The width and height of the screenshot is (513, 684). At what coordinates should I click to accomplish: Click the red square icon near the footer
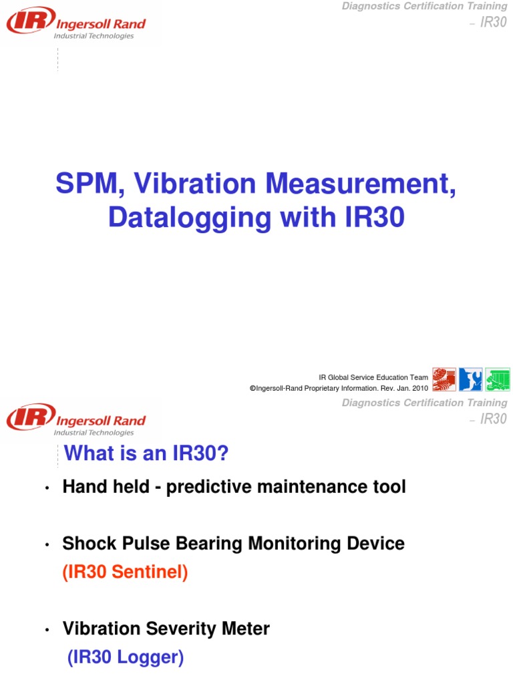[444, 379]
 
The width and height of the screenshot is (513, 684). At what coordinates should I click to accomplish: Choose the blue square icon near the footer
[470, 379]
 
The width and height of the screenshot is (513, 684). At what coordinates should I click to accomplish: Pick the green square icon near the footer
[497, 379]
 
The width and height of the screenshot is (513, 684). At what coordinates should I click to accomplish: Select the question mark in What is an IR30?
[223, 454]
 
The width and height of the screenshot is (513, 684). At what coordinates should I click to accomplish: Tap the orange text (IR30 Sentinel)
[125, 572]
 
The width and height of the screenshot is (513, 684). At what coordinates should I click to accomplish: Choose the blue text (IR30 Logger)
[126, 658]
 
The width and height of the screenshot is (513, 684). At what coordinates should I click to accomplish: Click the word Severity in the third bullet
[182, 629]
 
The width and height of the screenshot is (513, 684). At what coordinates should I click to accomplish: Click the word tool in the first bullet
[389, 488]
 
